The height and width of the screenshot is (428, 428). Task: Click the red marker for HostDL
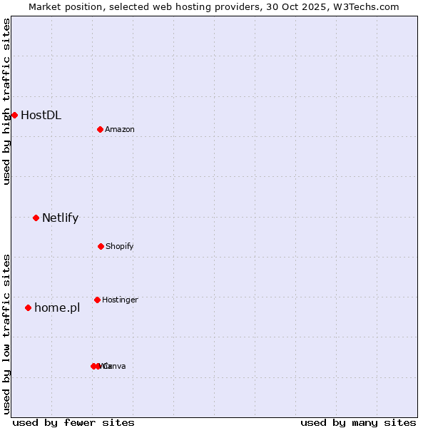(14, 115)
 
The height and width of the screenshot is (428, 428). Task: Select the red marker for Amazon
(100, 129)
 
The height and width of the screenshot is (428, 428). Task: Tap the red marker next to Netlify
(36, 218)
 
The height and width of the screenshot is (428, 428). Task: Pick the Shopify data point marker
(101, 246)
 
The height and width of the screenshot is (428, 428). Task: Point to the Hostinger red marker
(97, 300)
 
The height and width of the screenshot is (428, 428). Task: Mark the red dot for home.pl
(28, 307)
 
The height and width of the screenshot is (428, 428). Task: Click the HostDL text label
(41, 115)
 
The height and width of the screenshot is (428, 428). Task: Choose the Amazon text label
(120, 129)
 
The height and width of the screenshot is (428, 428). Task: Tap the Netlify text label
(60, 218)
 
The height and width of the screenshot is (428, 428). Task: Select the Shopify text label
(120, 246)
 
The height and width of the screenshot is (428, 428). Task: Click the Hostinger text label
(120, 300)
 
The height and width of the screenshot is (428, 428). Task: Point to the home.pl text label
(57, 308)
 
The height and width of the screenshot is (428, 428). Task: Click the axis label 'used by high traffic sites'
(6, 101)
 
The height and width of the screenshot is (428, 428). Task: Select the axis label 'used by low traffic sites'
(6, 334)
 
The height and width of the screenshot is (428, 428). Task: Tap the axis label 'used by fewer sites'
(73, 422)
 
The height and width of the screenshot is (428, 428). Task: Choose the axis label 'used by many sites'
(358, 422)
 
